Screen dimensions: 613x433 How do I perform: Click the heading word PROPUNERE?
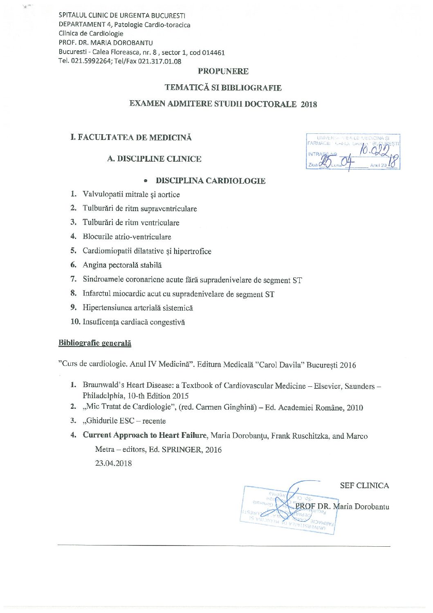[223, 71]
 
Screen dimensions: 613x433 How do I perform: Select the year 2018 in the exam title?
[309, 104]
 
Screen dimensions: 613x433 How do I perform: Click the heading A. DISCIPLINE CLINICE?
[154, 159]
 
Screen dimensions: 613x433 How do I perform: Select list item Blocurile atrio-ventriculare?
[127, 237]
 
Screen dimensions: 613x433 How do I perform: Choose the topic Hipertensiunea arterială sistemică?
[137, 308]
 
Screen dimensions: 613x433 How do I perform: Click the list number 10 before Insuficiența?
[75, 322]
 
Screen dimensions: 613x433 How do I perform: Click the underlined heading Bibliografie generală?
[95, 343]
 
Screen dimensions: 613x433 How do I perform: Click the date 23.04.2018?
[113, 463]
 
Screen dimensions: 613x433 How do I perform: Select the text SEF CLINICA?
[364, 485]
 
